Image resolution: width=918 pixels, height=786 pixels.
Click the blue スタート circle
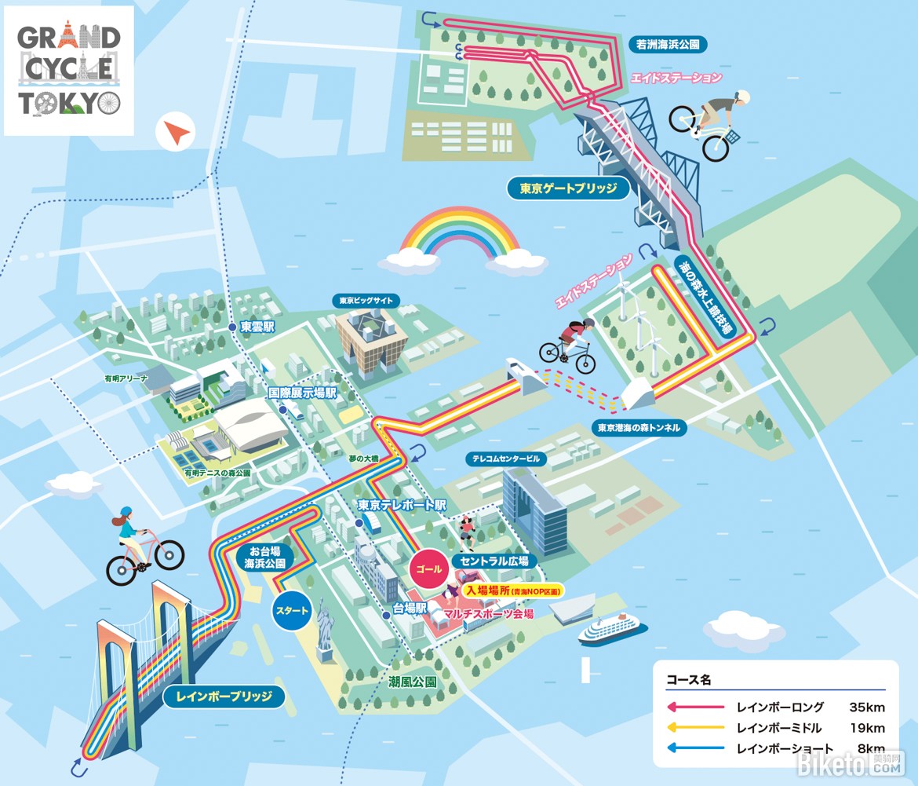click(x=292, y=611)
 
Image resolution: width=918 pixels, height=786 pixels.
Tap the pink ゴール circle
click(x=429, y=568)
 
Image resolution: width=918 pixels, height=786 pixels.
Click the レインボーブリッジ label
click(x=224, y=696)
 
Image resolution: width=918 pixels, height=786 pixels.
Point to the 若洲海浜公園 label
click(x=668, y=45)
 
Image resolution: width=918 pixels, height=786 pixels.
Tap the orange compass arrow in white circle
click(x=177, y=133)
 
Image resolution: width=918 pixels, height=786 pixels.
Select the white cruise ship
click(x=612, y=630)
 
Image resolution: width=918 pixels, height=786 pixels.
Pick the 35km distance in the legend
click(x=867, y=707)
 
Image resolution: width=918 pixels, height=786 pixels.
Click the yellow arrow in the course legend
click(x=695, y=727)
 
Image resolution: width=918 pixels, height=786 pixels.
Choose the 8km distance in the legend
click(x=871, y=748)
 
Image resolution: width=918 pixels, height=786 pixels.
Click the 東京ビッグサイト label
click(x=366, y=301)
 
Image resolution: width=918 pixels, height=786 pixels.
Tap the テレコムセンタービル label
click(x=506, y=459)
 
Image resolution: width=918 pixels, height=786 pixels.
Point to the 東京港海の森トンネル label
click(x=639, y=428)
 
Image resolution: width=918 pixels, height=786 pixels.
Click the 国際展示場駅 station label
click(x=302, y=393)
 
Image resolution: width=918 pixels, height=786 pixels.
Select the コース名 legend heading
click(x=689, y=679)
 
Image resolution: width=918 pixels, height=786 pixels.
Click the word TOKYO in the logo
click(x=69, y=103)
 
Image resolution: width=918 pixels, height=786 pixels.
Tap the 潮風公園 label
click(x=413, y=682)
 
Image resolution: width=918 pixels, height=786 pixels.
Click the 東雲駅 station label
click(x=257, y=327)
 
